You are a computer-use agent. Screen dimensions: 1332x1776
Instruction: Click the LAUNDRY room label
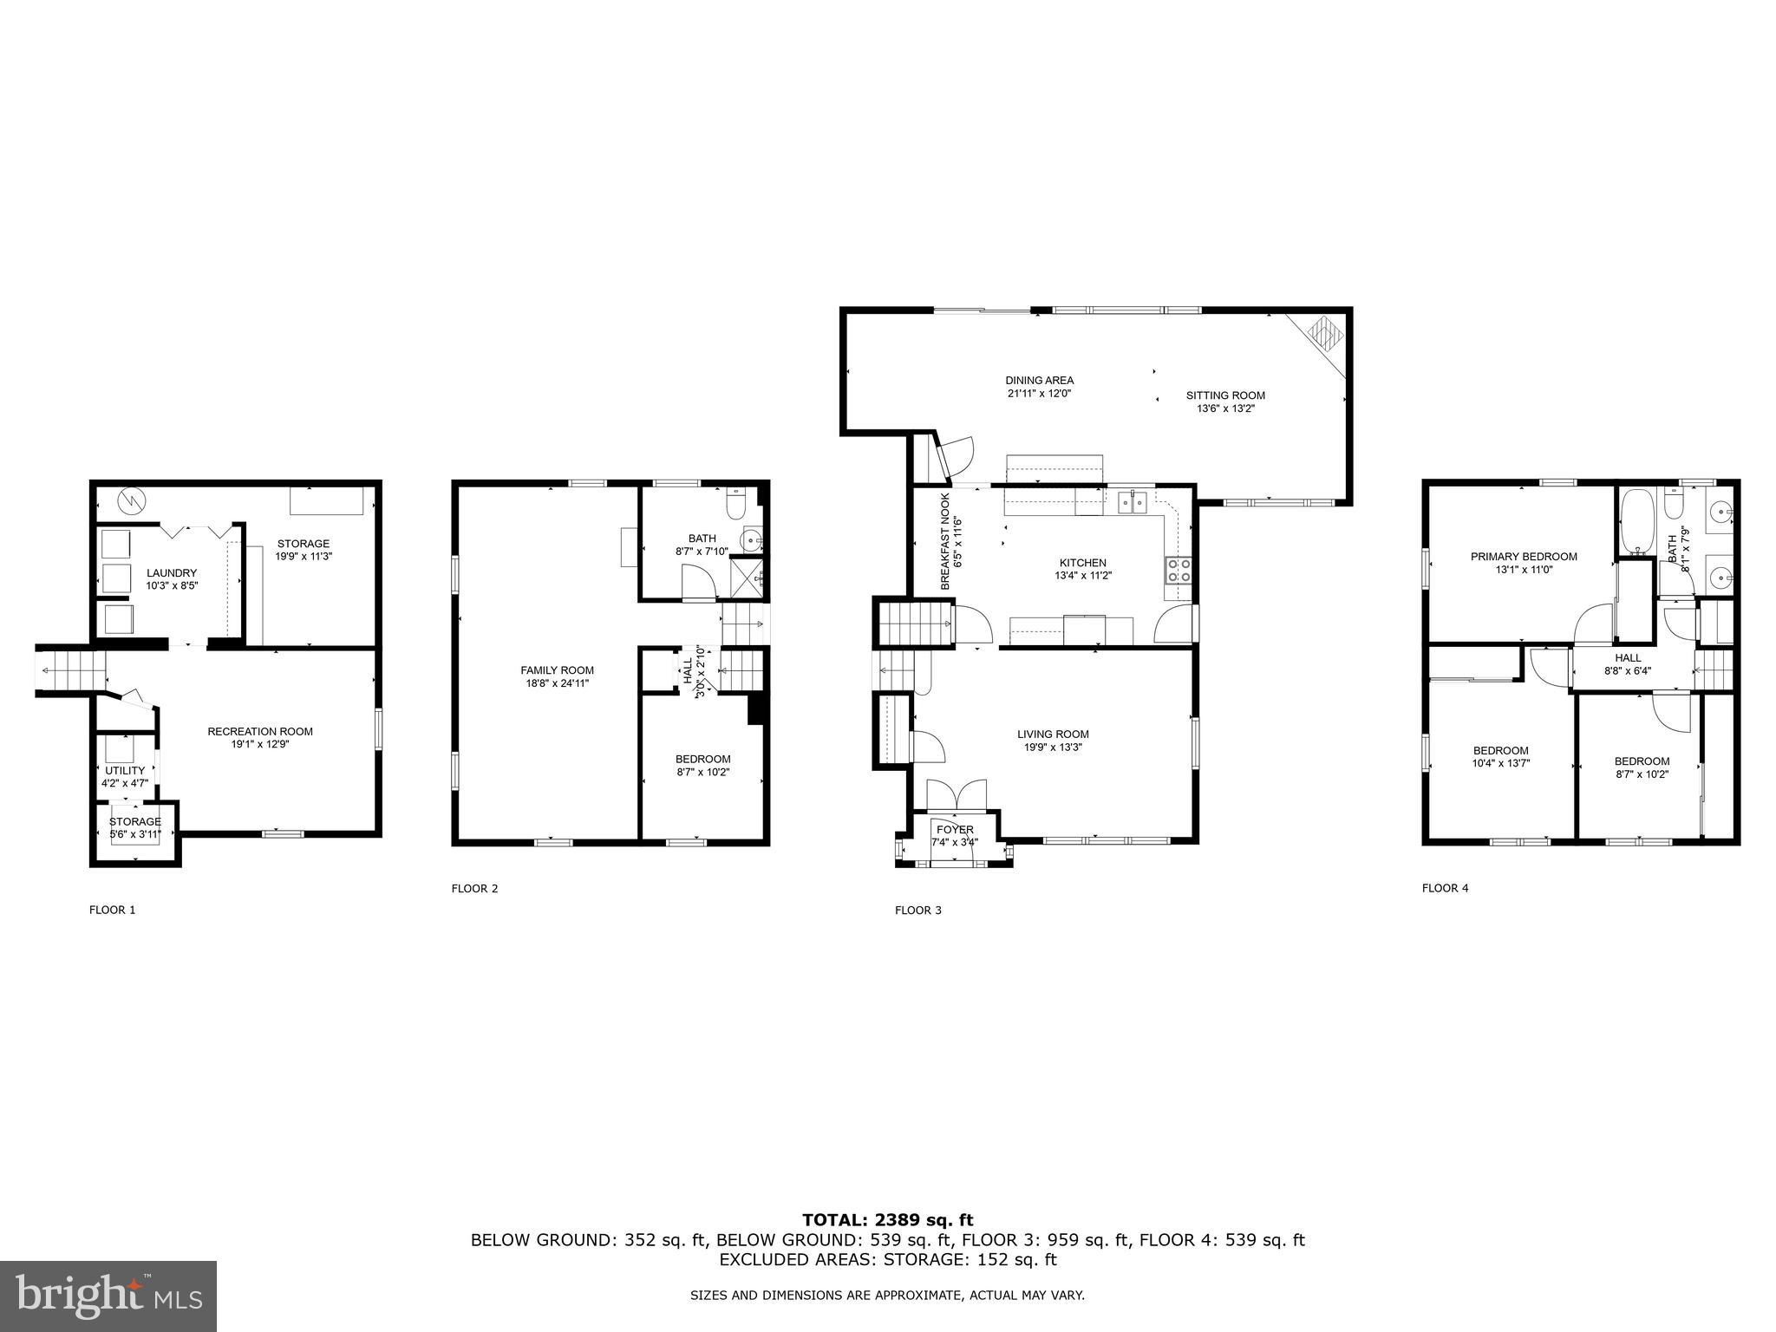[172, 573]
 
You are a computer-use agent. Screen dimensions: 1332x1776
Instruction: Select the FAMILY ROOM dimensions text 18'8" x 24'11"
[557, 683]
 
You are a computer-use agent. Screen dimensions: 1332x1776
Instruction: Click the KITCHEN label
[1083, 563]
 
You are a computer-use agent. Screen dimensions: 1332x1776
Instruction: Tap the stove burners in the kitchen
[1179, 570]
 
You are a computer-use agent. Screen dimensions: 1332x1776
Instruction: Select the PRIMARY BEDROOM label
[1524, 557]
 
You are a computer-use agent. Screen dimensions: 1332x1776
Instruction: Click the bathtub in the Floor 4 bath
[1637, 522]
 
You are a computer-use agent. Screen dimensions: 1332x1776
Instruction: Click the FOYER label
[955, 830]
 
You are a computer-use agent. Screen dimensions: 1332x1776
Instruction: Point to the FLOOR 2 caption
[474, 888]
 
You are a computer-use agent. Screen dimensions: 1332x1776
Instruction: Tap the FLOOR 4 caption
[1445, 888]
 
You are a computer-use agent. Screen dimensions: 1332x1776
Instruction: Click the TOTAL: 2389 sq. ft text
[887, 1220]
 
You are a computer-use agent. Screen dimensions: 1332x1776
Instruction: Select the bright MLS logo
[108, 1296]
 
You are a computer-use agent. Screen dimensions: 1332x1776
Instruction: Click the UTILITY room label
[125, 771]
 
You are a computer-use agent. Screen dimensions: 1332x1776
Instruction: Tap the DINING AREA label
[1039, 380]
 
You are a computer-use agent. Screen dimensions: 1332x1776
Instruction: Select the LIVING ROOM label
[1053, 735]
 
